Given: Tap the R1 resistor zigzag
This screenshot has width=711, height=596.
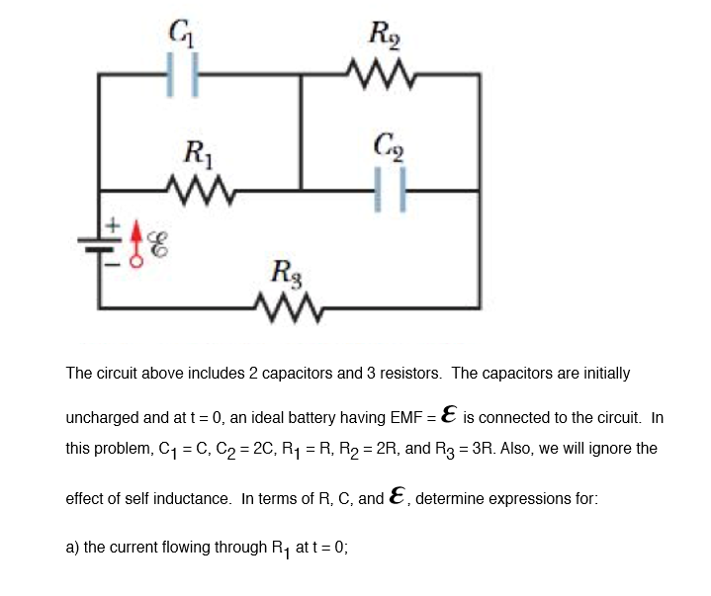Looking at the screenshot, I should [x=201, y=188].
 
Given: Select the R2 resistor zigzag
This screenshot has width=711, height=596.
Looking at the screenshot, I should [x=380, y=73].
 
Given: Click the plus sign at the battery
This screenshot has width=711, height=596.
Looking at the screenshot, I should [x=113, y=226].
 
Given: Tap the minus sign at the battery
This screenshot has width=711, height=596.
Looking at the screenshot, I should [x=113, y=263].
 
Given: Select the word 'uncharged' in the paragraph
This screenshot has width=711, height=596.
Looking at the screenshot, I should [x=102, y=418].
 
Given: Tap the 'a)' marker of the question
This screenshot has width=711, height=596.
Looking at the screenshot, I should [x=72, y=547].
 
